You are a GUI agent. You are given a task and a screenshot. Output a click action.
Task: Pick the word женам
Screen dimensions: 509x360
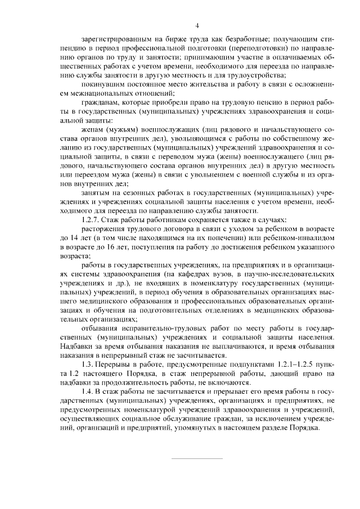[x=92, y=130]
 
